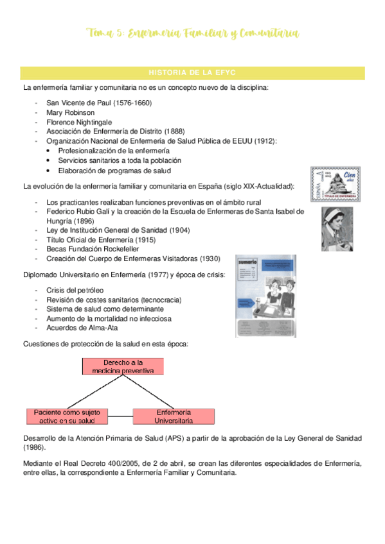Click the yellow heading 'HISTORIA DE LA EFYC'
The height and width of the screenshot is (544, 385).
pyautogui.click(x=192, y=72)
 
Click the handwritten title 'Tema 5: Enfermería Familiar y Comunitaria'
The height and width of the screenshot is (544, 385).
pyautogui.click(x=192, y=33)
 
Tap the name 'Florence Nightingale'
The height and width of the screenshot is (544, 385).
pyautogui.click(x=79, y=122)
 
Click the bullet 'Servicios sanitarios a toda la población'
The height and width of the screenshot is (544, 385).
pyautogui.click(x=120, y=160)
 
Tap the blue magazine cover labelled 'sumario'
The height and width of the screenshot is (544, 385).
pyautogui.click(x=265, y=296)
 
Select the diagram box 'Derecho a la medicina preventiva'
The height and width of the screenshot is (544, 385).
pyautogui.click(x=123, y=366)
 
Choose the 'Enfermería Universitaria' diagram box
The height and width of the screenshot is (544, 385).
pyautogui.click(x=173, y=416)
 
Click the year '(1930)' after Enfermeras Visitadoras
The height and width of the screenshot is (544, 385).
pyautogui.click(x=210, y=259)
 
